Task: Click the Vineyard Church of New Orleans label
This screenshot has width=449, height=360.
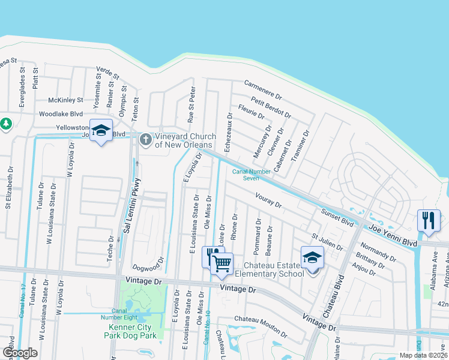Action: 184,140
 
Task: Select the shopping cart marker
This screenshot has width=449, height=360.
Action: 222,263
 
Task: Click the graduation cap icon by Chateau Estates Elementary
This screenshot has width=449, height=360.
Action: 312,257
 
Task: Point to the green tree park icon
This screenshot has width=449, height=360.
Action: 6,124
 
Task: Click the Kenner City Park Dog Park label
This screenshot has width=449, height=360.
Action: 133,332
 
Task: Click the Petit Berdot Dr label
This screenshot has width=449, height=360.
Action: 271,107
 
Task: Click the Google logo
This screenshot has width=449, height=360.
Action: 20,353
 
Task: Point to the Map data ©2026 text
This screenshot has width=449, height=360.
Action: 423,355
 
